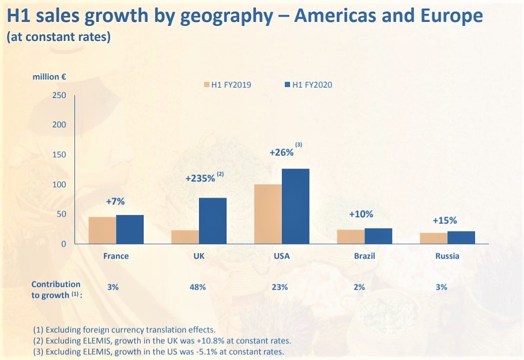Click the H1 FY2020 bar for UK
[213, 221]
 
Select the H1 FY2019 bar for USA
[267, 214]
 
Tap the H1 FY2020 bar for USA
[296, 206]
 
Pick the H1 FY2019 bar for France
[102, 230]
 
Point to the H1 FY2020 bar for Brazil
[378, 236]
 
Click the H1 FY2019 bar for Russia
[433, 238]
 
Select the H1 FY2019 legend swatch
[206, 85]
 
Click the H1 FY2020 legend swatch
[287, 85]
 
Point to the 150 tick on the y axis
[59, 154]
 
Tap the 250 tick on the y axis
[59, 95]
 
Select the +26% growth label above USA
[282, 153]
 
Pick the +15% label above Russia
[444, 220]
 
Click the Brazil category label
[364, 256]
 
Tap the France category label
[115, 256]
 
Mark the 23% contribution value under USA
[281, 286]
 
